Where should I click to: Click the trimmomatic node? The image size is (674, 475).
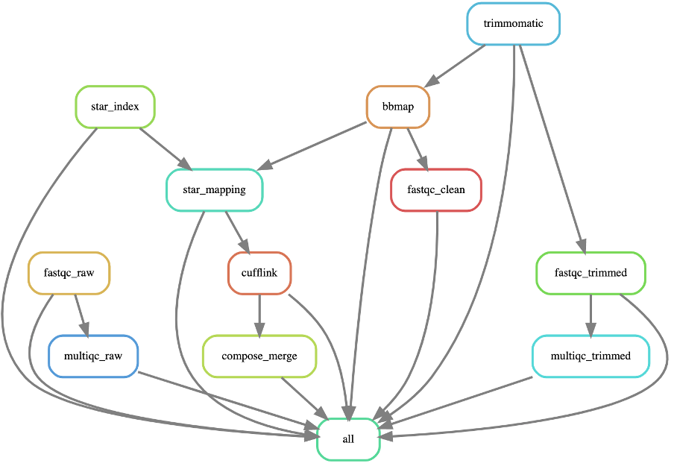coord(513,23)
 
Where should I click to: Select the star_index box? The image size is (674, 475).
coord(115,107)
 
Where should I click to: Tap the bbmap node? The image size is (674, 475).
coord(398,107)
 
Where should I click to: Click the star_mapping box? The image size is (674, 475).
coord(214,189)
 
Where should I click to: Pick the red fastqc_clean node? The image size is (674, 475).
coord(436,189)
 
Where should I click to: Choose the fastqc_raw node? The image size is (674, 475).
coord(69,272)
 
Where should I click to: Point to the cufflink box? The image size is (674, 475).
coord(259,272)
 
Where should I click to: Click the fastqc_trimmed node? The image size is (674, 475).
coord(590,272)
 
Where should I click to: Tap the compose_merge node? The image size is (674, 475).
coord(259,356)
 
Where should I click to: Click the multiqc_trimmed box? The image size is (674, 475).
coord(590,356)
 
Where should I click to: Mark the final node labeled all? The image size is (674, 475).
coord(348,438)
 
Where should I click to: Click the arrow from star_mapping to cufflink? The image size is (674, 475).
coord(237,231)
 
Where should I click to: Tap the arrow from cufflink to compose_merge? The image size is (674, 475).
coord(259,314)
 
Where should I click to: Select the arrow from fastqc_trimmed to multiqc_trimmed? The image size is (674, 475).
coord(590,314)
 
